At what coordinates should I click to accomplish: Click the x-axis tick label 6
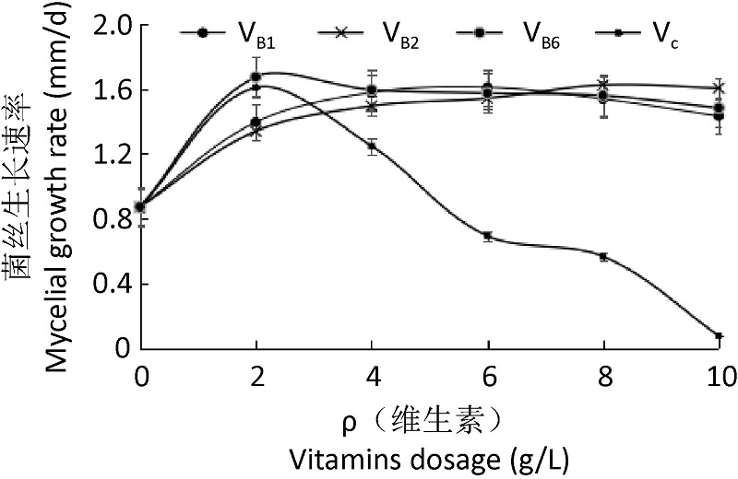click(488, 377)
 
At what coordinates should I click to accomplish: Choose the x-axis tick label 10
click(719, 377)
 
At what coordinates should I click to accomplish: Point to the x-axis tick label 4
click(373, 377)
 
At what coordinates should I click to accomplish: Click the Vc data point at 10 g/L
click(719, 336)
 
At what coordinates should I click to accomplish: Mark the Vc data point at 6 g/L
click(488, 236)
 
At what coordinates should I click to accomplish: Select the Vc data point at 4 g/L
click(373, 146)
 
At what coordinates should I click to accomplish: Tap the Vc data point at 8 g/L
click(603, 257)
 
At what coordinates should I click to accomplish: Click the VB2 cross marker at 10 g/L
click(719, 88)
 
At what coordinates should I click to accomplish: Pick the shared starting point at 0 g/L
click(140, 206)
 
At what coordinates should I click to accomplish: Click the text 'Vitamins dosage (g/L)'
click(399, 457)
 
